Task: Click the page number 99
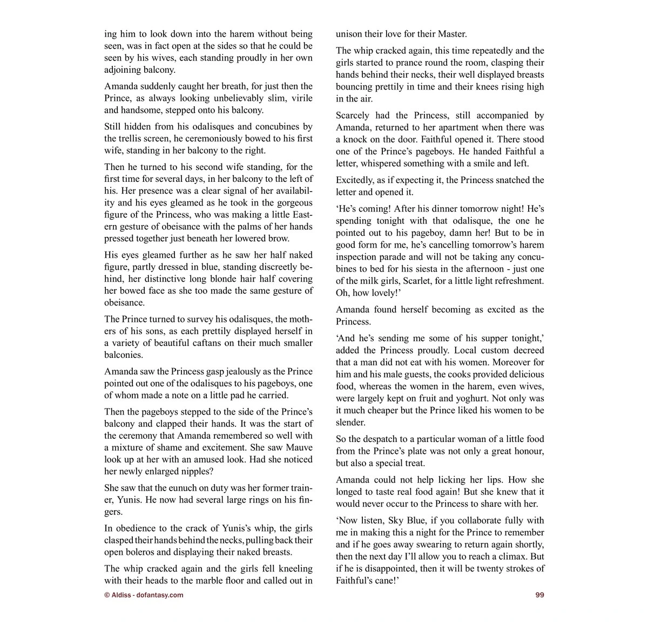point(539,595)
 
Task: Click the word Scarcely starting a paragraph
point(357,115)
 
